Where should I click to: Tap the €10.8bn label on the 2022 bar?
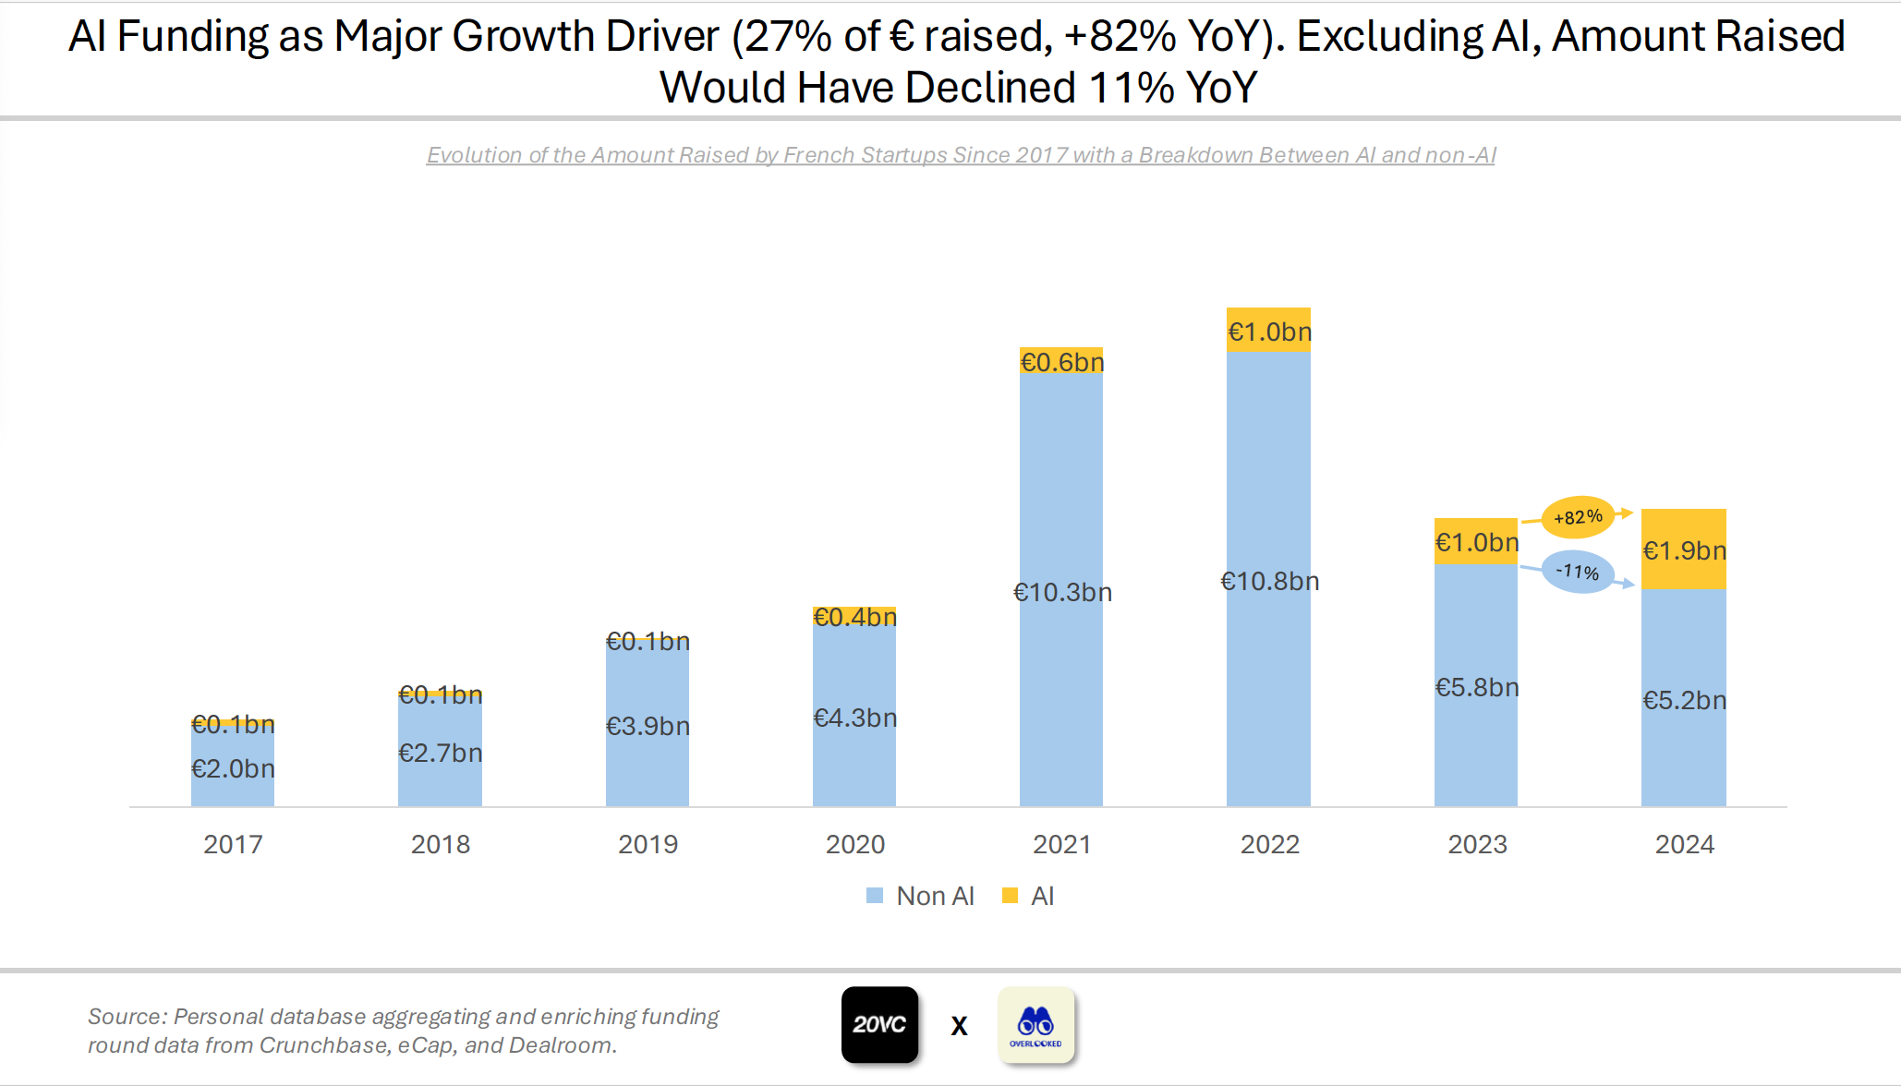click(1269, 582)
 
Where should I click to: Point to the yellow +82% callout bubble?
click(1578, 517)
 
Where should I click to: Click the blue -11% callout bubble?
click(1578, 573)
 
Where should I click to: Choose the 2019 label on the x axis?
click(648, 844)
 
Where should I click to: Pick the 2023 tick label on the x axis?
click(1476, 844)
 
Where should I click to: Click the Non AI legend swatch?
click(875, 896)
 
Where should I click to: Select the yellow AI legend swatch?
click(1010, 896)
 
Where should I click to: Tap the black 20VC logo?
click(879, 1024)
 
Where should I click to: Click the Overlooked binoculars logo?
click(1035, 1024)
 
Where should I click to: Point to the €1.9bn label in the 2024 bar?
click(1684, 551)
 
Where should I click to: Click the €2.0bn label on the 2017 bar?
click(233, 769)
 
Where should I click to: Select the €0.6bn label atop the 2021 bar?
click(1061, 362)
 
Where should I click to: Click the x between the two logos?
click(959, 1026)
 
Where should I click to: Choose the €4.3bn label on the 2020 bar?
click(854, 718)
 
